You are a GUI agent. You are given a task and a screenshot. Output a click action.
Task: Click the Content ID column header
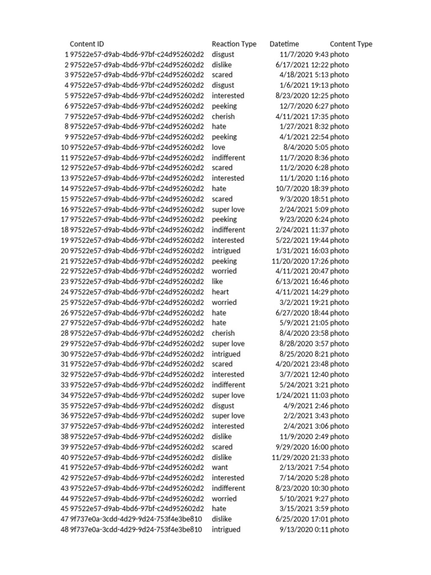point(86,44)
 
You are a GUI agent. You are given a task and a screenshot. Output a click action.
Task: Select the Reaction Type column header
point(234,44)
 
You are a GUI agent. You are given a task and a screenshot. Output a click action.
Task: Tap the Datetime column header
point(284,44)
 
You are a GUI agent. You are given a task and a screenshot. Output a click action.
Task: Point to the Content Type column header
point(351,44)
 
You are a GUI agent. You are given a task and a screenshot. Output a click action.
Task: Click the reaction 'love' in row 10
point(218,147)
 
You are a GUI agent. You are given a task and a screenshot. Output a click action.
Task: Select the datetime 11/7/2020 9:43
point(304,54)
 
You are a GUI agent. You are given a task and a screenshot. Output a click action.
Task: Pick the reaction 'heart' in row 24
point(220,292)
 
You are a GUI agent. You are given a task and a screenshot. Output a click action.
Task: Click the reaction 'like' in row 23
point(217,281)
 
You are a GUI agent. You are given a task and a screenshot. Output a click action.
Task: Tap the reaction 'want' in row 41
point(219,467)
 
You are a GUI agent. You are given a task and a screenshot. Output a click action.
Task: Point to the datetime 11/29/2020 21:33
point(300,457)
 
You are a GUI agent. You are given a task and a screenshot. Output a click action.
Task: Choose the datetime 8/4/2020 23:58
point(304,333)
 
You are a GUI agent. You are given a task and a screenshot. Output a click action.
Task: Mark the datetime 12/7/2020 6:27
point(304,106)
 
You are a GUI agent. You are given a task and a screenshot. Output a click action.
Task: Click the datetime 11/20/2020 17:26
point(300,261)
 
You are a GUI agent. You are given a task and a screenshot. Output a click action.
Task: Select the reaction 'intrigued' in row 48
point(226,530)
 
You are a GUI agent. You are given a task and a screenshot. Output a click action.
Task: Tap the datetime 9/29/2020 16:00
point(302,447)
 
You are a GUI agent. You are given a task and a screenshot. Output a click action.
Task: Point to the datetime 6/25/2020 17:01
point(302,519)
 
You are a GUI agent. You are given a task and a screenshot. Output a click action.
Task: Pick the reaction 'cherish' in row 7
point(223,116)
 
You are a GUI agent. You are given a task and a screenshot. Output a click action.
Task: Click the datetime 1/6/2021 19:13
point(304,85)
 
